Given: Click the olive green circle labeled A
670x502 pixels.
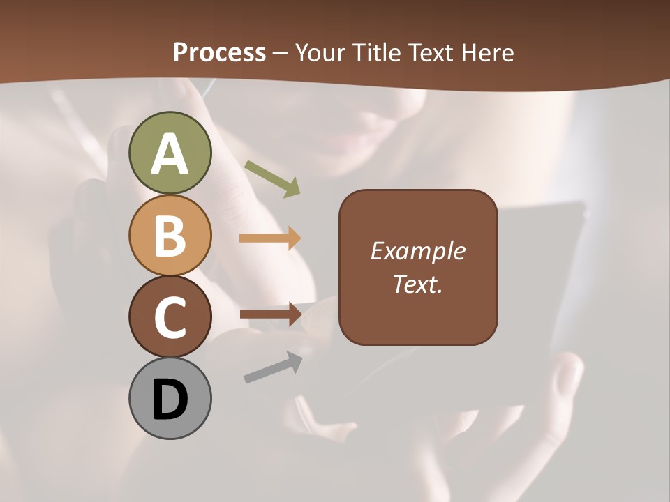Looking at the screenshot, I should pos(170,153).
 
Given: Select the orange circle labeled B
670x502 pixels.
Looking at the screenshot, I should pos(170,236).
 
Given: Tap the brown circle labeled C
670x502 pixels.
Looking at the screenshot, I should pos(170,317).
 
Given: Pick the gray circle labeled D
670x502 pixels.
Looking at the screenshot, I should pos(170,399).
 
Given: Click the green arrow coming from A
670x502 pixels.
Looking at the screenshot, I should pos(272,178).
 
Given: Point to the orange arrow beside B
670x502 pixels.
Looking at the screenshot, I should pos(270,238).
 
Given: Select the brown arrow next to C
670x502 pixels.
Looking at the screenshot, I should pos(270,314).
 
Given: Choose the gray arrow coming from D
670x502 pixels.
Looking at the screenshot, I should pos(273,367).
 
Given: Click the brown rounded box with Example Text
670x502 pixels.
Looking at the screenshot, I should pos(418,267).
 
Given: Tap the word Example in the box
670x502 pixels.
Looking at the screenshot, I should pos(418,251).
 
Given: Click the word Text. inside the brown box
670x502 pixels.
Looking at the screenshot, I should pos(418,284).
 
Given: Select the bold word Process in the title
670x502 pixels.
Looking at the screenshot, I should pos(219,52).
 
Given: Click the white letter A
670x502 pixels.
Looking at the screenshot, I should pos(170,155).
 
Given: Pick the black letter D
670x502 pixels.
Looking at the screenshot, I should pos(170,400).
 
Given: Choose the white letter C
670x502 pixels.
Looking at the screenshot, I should pos(170,318).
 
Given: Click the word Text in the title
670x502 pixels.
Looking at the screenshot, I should pos(431,52).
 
